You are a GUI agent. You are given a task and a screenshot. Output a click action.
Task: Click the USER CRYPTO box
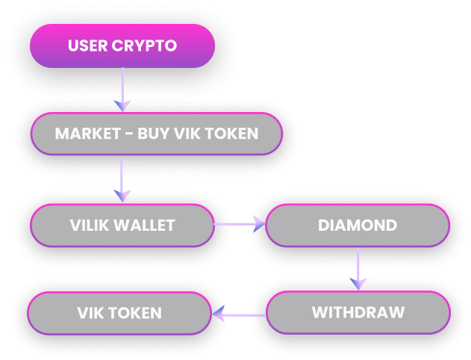(x=122, y=46)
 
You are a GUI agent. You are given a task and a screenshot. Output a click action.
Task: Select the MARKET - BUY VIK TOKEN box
(x=156, y=134)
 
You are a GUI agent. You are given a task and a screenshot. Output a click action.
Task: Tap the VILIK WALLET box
(x=122, y=224)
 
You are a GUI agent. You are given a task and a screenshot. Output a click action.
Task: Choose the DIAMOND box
(x=357, y=224)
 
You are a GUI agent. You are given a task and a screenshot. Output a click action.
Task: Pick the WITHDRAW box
(x=357, y=311)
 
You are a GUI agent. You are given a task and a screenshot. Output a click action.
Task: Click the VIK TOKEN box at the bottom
(x=119, y=312)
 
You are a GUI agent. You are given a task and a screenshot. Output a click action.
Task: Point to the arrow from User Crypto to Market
(x=122, y=90)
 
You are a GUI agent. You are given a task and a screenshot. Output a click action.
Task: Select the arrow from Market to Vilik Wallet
(x=122, y=179)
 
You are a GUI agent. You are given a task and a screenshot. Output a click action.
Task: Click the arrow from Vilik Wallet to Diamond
(x=239, y=223)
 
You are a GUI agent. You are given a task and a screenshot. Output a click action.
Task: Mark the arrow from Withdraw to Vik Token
(x=239, y=315)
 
